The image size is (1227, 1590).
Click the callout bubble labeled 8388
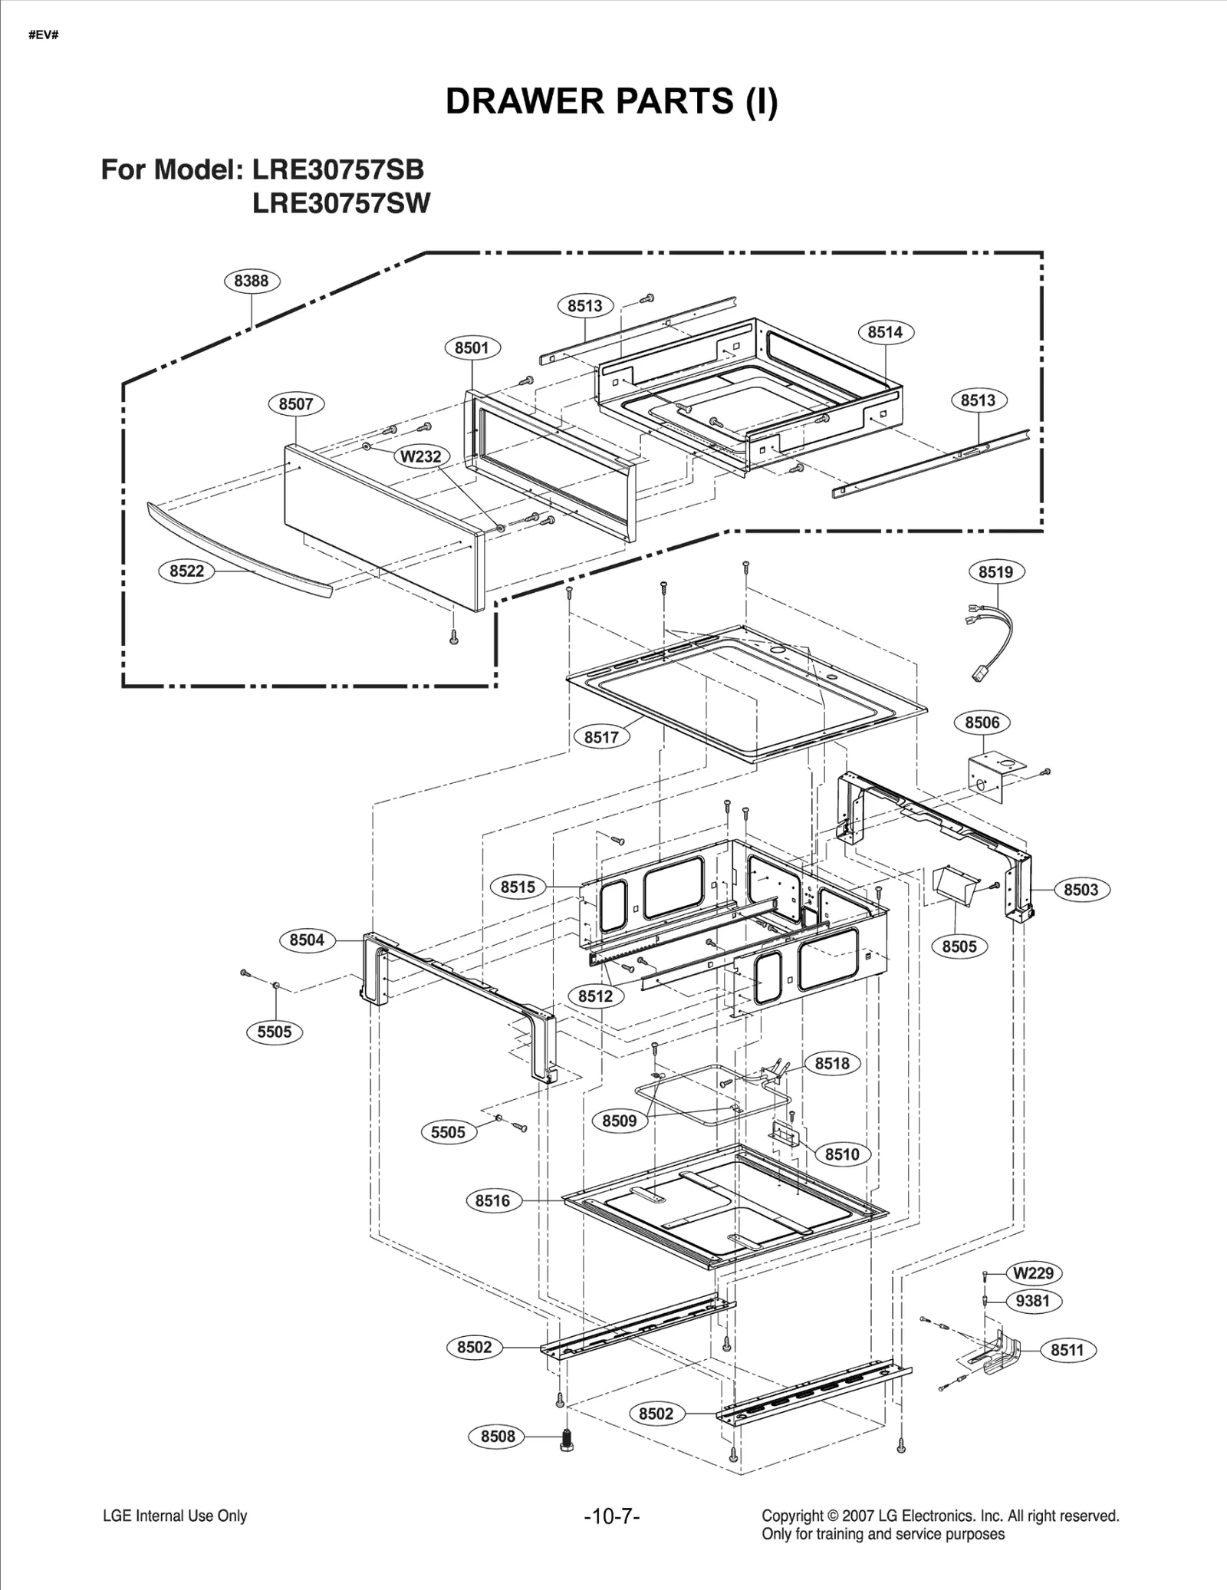click(252, 281)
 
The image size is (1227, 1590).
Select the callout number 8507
click(296, 404)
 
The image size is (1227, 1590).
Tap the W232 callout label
click(421, 456)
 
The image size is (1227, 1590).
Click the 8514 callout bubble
click(885, 332)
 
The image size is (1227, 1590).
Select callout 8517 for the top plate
click(601, 737)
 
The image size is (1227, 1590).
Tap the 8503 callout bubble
click(1081, 890)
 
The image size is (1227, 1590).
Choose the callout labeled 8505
click(959, 946)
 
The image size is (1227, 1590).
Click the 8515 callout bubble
click(518, 887)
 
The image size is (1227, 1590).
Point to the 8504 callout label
click(307, 940)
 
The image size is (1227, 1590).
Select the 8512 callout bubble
click(595, 996)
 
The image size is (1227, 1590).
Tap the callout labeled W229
click(1033, 1273)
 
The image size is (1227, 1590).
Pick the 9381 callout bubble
click(1033, 1301)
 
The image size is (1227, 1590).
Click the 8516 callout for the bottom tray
click(492, 1200)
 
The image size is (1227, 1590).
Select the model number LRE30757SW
click(341, 204)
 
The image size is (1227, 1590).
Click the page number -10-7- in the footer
click(611, 1516)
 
